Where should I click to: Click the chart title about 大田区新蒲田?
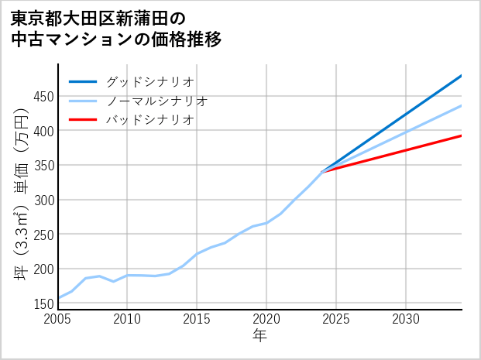point(116,29)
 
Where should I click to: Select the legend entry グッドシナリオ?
point(149,81)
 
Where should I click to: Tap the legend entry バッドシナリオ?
point(149,120)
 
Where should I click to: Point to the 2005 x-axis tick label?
point(58,320)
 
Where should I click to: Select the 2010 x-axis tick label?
point(128,320)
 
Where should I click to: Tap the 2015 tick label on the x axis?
point(197,320)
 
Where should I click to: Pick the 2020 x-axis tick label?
point(266,320)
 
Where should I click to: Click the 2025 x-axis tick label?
point(336,320)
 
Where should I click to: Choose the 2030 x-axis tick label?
point(406,320)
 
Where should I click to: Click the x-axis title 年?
point(260,336)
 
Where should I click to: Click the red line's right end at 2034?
point(461,135)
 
